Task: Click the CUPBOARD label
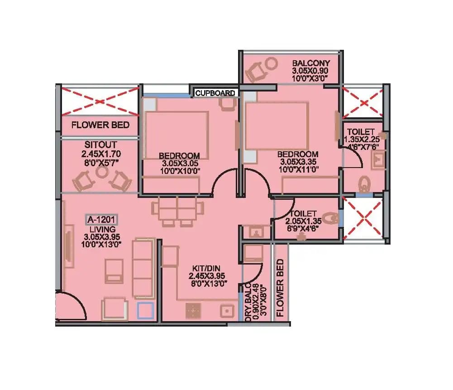click(x=215, y=93)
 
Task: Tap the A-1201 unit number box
click(x=102, y=220)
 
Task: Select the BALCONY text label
click(x=311, y=63)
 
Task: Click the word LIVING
click(x=102, y=229)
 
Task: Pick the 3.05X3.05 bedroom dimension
click(x=179, y=163)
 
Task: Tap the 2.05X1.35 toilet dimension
click(x=303, y=221)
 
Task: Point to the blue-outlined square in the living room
click(x=146, y=311)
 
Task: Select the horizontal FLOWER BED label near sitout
click(x=100, y=125)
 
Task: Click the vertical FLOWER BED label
click(x=280, y=288)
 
